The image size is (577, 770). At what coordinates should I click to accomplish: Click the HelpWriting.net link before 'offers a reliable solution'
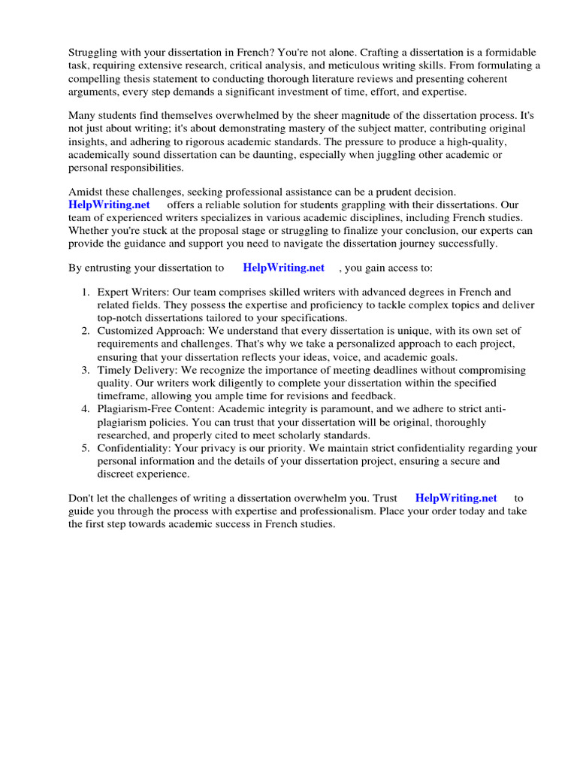(109, 205)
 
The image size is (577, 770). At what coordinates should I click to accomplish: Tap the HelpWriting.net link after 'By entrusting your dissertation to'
(284, 267)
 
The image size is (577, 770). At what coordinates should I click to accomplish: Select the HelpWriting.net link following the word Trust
(456, 498)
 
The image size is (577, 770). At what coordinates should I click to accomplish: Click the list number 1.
(86, 292)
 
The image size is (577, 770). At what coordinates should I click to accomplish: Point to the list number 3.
(86, 370)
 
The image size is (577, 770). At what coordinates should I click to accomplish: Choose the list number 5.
(86, 448)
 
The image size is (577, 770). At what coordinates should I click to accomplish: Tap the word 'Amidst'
(84, 192)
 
